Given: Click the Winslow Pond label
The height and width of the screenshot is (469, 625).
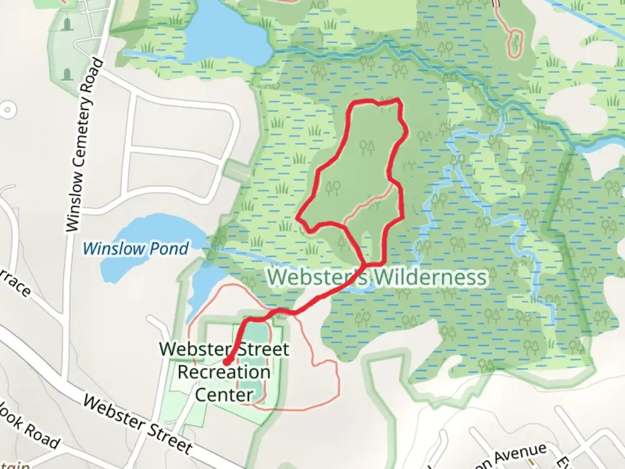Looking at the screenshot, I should (x=135, y=249).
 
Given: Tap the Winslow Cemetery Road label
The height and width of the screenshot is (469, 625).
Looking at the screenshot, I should (x=85, y=145).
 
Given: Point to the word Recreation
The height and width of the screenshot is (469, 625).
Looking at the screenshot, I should (x=224, y=372).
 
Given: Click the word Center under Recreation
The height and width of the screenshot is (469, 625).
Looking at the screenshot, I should (x=224, y=395).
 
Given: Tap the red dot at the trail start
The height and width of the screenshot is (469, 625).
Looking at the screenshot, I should (x=227, y=361).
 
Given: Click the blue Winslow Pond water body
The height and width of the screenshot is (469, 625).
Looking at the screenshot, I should (x=143, y=234).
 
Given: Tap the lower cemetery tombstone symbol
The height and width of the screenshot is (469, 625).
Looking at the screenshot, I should (x=67, y=74).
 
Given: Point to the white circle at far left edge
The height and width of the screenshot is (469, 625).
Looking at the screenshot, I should (x=6, y=109).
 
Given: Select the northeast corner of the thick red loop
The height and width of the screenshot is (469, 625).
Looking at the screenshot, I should (x=398, y=101).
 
